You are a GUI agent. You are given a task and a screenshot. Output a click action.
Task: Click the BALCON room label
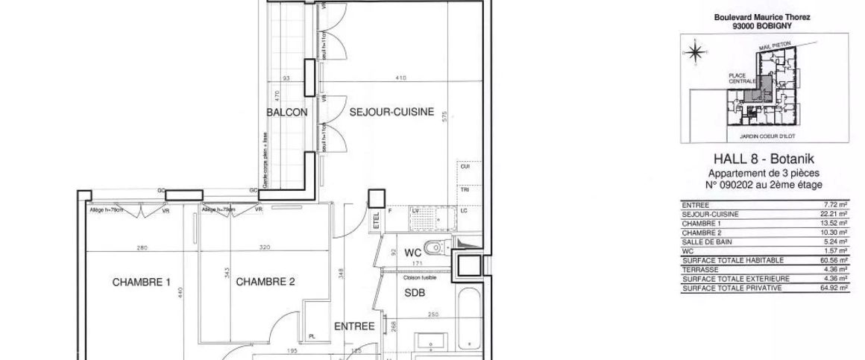tap(287, 113)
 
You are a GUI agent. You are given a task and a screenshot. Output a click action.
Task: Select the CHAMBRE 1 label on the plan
tap(142, 282)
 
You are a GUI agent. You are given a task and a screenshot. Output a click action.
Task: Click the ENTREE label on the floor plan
tap(353, 326)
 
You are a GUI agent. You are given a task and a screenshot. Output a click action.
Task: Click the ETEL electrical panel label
tap(377, 221)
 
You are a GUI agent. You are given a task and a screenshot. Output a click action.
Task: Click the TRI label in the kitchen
tap(463, 190)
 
